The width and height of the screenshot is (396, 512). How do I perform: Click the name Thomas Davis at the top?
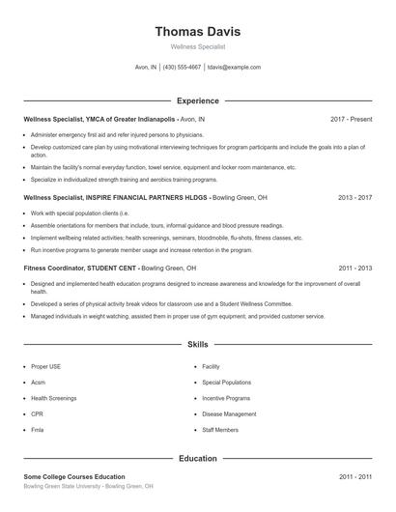tap(197, 31)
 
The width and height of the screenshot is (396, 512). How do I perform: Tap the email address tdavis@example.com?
tap(235, 68)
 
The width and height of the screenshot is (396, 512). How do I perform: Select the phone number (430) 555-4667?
tap(182, 68)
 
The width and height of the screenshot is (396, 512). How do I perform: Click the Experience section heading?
tap(197, 100)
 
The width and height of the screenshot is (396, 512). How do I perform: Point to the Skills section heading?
tap(197, 344)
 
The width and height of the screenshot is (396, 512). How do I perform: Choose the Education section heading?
tap(197, 459)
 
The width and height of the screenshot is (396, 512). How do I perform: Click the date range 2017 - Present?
tap(351, 119)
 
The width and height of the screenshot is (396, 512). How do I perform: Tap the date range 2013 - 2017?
tap(354, 196)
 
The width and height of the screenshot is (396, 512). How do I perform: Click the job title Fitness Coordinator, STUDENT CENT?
tap(81, 268)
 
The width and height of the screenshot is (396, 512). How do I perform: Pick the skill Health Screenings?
tap(54, 398)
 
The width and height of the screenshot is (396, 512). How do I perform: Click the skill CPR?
tap(38, 413)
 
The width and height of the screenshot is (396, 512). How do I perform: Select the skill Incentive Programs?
tap(225, 398)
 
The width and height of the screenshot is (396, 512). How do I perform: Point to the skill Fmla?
tap(39, 429)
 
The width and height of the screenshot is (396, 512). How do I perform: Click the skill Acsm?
tap(40, 383)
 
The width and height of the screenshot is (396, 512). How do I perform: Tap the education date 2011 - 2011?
tap(354, 477)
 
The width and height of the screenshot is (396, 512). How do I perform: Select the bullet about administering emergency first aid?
tap(117, 135)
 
